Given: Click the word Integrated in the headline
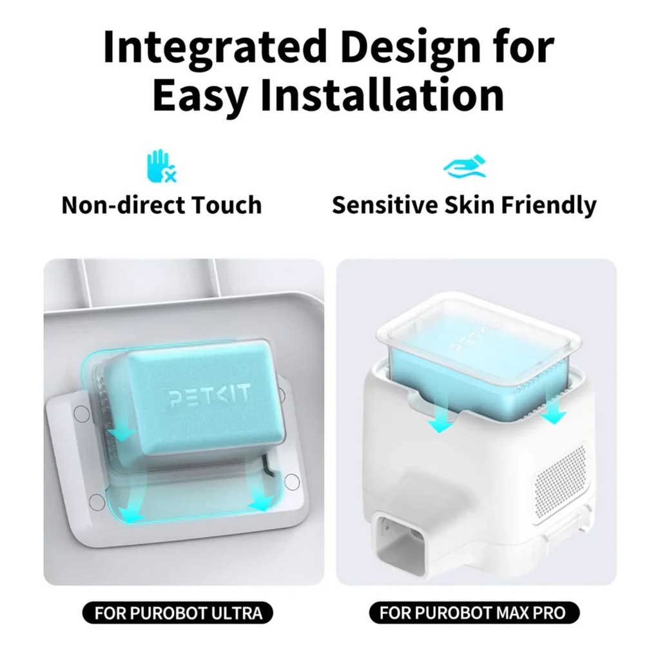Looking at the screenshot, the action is (215, 46).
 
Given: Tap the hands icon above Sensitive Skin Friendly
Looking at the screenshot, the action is (465, 166).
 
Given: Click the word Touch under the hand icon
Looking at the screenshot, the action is (226, 205).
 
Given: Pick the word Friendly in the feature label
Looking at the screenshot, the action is (548, 206).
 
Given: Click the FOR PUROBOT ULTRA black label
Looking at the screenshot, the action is (178, 613).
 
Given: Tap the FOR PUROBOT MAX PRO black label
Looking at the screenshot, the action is (474, 613).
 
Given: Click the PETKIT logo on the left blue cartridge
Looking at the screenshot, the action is (209, 397).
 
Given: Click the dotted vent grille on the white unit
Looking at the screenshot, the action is (561, 472).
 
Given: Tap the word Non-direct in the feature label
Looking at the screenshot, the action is (122, 205).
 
